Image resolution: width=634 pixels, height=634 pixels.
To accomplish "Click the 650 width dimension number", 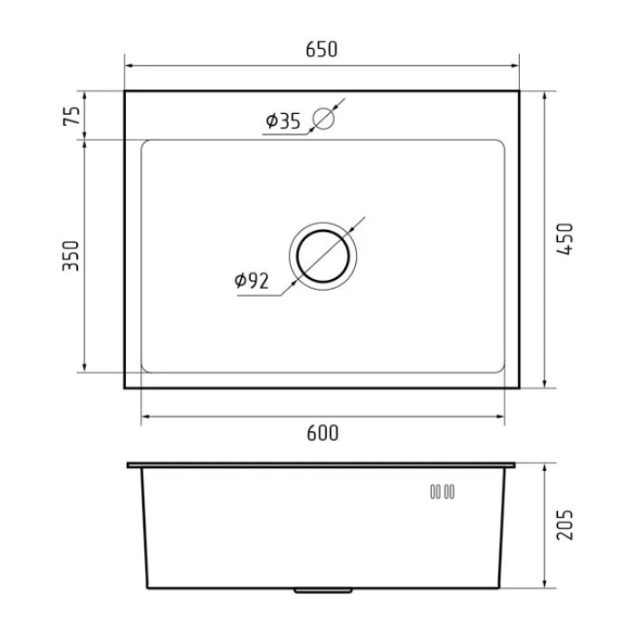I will (x=322, y=50).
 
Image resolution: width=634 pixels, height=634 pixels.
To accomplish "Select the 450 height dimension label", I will (x=566, y=239).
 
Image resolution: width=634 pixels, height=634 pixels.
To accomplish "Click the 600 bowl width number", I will (x=322, y=434).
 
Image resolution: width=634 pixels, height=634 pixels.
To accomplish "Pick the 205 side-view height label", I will (x=566, y=524).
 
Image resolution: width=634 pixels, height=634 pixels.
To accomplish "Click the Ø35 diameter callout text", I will (x=283, y=121).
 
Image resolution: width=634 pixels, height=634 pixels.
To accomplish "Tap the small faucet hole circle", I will (x=323, y=118).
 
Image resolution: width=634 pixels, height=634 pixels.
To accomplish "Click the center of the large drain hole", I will (x=323, y=255).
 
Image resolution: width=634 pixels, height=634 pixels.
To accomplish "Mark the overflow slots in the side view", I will (x=442, y=492).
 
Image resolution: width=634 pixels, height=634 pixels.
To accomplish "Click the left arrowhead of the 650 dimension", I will (x=129, y=66).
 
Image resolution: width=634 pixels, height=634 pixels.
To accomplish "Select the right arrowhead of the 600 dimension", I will (x=500, y=417).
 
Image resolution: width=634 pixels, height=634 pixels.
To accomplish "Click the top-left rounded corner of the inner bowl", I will (x=146, y=144).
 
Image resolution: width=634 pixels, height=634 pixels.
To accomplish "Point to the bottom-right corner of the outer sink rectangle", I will (x=518, y=388).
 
